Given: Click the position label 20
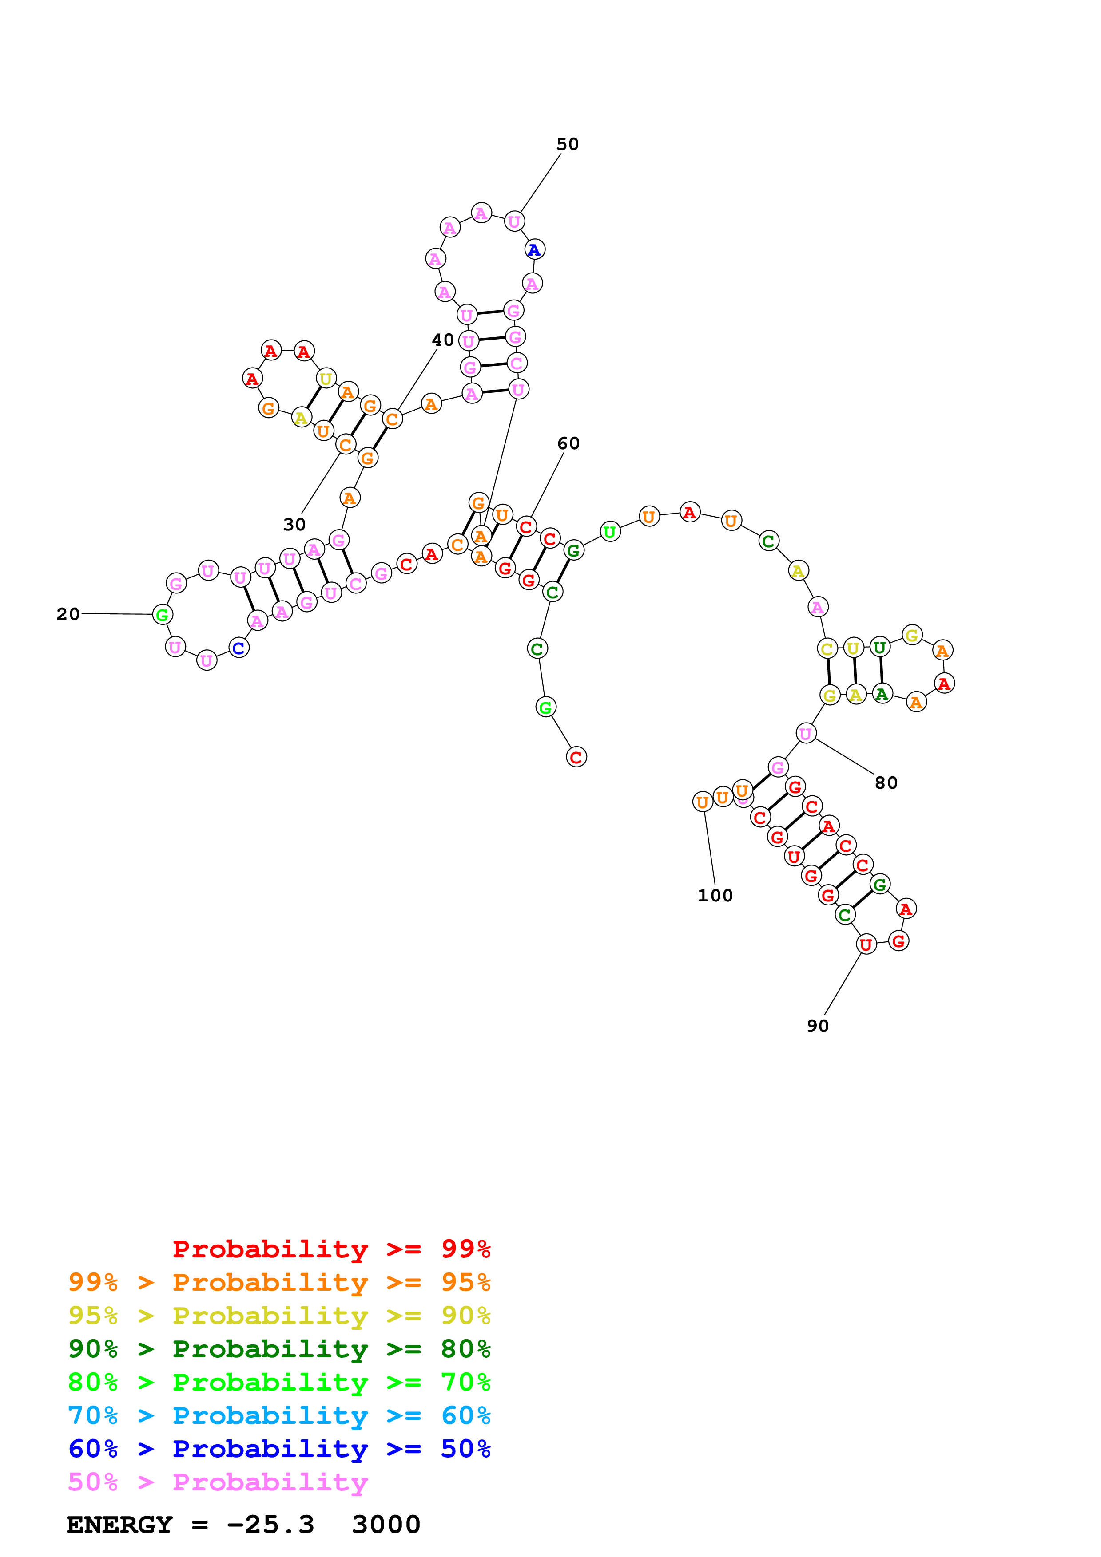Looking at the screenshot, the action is (x=68, y=614).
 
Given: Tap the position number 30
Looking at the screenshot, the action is (x=294, y=524).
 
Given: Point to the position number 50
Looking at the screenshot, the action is (x=568, y=144).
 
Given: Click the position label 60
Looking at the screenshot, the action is (x=568, y=443).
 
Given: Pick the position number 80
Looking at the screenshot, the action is (x=886, y=783).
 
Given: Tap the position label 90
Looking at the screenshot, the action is (x=818, y=1026).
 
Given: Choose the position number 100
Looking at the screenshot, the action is (x=715, y=896).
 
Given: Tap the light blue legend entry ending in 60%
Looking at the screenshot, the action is (x=279, y=1415).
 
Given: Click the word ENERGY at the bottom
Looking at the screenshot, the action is (x=119, y=1525).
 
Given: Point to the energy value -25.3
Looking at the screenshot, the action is (x=270, y=1525).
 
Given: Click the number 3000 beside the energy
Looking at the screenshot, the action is (x=386, y=1525).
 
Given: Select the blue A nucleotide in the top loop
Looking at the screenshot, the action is (x=535, y=249).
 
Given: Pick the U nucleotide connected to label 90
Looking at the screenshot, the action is (x=866, y=944).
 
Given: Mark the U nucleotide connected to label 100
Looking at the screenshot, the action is (x=703, y=802).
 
